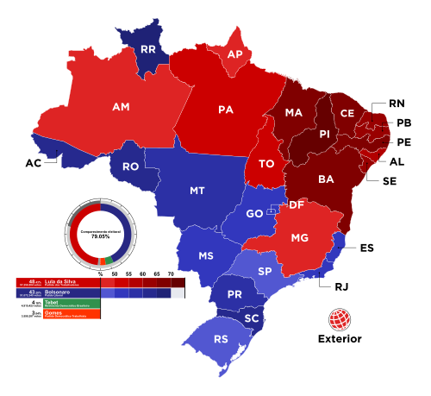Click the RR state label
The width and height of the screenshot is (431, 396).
pyautogui.click(x=148, y=50)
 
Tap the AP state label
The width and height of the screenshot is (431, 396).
pyautogui.click(x=234, y=54)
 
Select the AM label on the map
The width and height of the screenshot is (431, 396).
pyautogui.click(x=121, y=107)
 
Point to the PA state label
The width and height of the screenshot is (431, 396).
pyautogui.click(x=226, y=110)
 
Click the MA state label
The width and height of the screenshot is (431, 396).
pyautogui.click(x=294, y=113)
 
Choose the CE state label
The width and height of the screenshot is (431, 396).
pyautogui.click(x=347, y=113)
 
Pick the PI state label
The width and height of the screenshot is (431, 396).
pyautogui.click(x=324, y=134)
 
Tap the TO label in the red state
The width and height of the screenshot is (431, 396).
pyautogui.click(x=266, y=163)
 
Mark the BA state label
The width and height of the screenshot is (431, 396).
pyautogui.click(x=326, y=179)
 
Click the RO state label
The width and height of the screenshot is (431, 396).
pyautogui.click(x=130, y=167)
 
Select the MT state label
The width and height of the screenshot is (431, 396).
pyautogui.click(x=197, y=190)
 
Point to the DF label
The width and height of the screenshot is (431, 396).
pyautogui.click(x=296, y=204)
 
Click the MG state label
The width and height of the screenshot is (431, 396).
pyautogui.click(x=299, y=237)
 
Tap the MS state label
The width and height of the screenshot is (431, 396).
pyautogui.click(x=205, y=256)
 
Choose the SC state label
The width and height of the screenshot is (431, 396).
pyautogui.click(x=251, y=318)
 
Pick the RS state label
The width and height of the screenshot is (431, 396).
pyautogui.click(x=221, y=339)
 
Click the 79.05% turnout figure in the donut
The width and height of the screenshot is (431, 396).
pyautogui.click(x=101, y=236)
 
